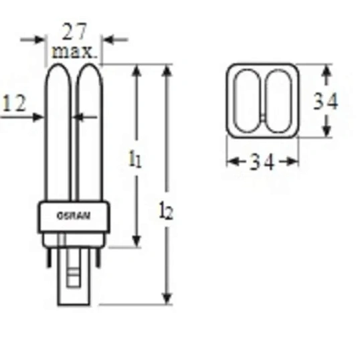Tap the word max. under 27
[75, 50]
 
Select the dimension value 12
[14, 103]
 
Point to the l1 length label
[135, 159]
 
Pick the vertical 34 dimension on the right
[326, 101]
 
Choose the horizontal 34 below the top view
[262, 163]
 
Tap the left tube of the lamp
[59, 134]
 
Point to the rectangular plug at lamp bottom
[74, 274]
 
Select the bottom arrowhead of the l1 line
[137, 242]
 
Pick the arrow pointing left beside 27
[110, 39]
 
